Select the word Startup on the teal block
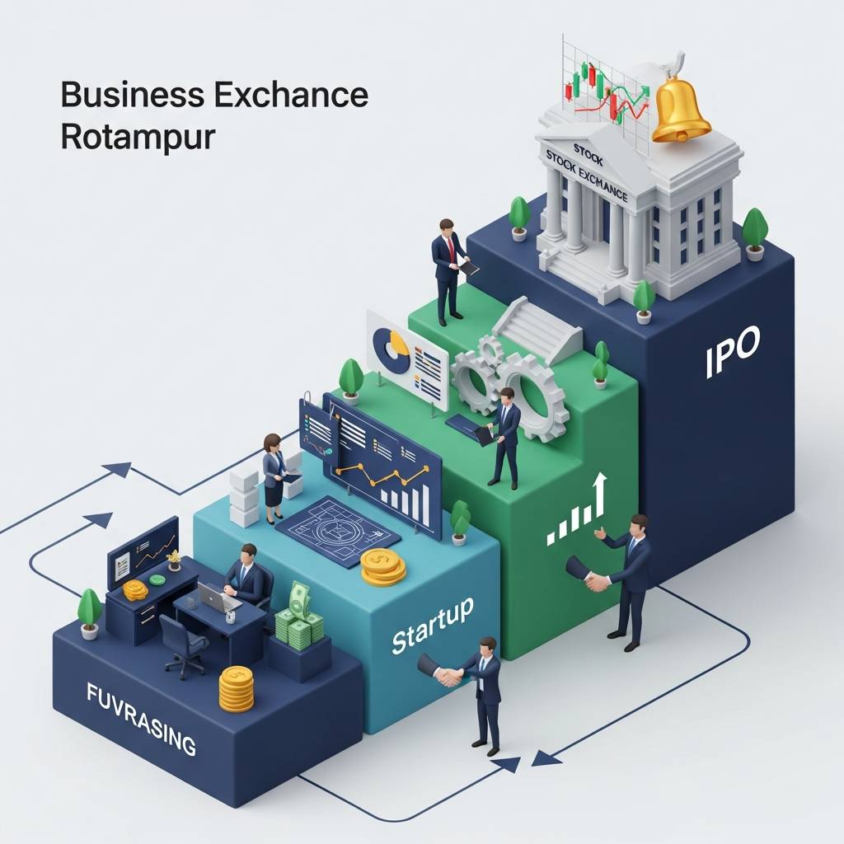coord(432,627)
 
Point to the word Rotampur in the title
coord(138,136)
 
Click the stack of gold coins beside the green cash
coord(237,689)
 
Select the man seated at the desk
coord(246,578)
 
